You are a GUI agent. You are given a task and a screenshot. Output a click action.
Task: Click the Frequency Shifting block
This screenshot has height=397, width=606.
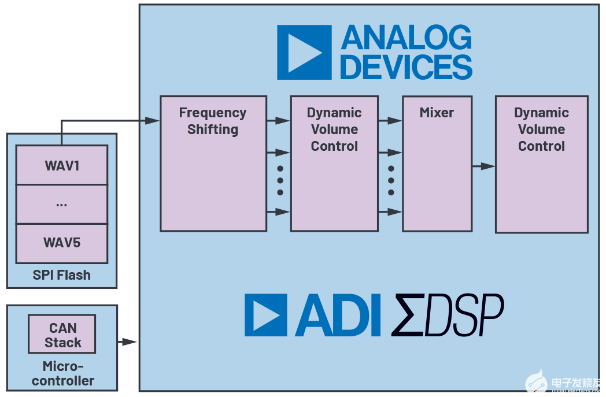213,164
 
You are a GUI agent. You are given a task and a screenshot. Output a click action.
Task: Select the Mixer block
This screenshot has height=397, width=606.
437,164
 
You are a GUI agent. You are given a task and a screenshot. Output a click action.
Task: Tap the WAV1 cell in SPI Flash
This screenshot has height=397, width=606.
62,165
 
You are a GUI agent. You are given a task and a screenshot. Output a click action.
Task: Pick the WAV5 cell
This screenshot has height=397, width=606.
62,243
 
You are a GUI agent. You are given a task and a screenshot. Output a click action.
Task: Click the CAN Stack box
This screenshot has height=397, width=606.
62,335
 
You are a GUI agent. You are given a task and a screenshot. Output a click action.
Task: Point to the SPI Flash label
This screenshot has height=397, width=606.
62,275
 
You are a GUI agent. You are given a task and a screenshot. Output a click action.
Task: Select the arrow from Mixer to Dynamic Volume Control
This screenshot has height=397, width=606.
483,166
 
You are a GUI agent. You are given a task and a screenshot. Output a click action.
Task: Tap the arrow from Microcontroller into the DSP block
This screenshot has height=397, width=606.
127,342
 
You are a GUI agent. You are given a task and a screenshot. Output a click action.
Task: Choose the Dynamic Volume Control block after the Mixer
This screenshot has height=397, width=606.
541,164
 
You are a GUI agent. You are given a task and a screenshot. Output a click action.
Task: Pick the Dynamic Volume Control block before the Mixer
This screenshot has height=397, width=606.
334,164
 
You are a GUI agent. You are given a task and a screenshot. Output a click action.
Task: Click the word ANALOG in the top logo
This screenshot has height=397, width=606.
406,38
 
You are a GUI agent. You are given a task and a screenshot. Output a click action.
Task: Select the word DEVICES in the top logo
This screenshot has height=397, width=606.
406,66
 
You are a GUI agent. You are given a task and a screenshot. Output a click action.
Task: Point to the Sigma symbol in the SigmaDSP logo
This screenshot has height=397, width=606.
408,316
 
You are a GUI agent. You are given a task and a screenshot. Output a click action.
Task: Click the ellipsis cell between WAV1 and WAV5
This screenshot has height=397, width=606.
62,204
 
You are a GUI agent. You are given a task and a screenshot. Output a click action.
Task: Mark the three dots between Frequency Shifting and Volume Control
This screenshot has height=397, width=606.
280,180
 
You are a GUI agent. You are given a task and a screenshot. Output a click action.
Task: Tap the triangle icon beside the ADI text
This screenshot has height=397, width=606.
265,316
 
